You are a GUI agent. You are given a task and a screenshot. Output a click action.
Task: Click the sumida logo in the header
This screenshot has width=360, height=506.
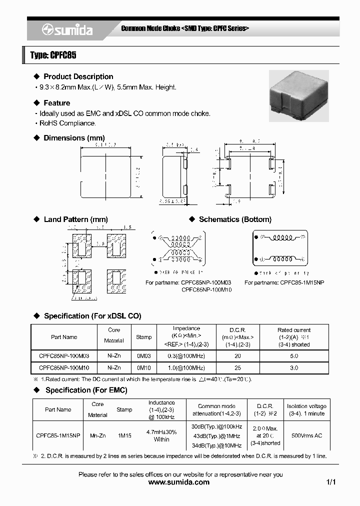point(67,30)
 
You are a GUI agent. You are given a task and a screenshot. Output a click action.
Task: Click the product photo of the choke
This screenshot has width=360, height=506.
point(298,95)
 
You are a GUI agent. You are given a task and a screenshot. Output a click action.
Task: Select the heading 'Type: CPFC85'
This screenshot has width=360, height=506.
point(53,55)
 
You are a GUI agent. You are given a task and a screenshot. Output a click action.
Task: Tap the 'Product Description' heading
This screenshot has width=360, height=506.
point(78,76)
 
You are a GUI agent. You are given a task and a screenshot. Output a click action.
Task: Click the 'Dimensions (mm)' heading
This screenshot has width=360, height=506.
point(74,138)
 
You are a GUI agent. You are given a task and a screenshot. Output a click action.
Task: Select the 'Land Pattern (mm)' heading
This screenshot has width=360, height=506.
point(75,219)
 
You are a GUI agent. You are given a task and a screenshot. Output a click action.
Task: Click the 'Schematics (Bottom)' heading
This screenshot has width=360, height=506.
point(235,219)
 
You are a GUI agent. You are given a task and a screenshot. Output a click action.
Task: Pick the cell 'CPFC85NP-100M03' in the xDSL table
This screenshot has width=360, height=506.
point(64,356)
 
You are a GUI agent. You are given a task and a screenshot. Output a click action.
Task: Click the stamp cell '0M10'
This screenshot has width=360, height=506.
point(143,367)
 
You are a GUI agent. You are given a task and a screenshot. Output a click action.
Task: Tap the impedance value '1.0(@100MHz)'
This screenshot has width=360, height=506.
point(186,367)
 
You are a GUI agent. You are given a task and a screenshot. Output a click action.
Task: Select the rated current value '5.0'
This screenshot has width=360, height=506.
point(294,356)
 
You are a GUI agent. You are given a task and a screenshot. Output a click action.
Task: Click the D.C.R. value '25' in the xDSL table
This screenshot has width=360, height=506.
point(237,367)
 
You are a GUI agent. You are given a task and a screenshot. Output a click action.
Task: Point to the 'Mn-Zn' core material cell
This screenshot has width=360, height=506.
point(97,436)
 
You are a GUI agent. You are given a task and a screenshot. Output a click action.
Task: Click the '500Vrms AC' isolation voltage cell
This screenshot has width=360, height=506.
point(306,436)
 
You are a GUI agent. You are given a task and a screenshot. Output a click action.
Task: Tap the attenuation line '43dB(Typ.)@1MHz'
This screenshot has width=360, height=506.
point(216,436)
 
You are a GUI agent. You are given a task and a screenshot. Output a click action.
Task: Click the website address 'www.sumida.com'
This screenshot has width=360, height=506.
point(179,482)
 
